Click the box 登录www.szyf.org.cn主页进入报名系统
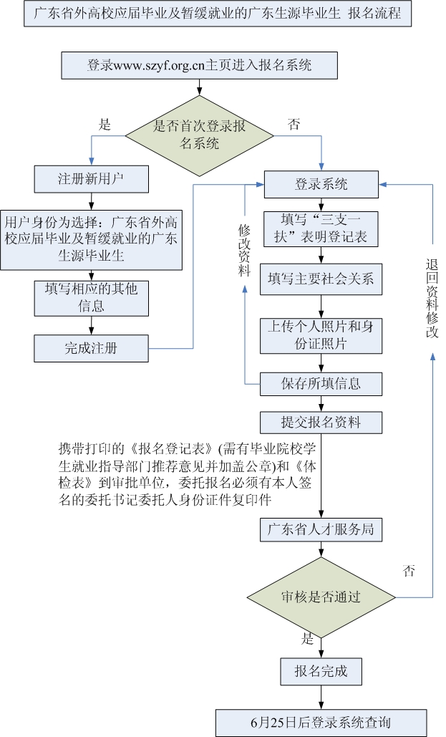[x=200, y=65]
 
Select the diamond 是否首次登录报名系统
[x=200, y=134]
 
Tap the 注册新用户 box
[x=91, y=178]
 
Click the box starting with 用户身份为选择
[x=91, y=238]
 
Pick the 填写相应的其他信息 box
[x=91, y=297]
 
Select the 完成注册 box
[x=91, y=349]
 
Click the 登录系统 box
[x=321, y=184]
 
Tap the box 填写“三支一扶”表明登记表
[x=321, y=228]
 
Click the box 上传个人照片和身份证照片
[x=321, y=334]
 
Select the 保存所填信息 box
[x=321, y=384]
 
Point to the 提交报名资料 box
[x=321, y=422]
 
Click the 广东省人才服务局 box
[x=321, y=531]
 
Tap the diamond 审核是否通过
[x=321, y=597]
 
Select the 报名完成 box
[x=321, y=671]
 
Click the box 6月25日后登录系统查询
[x=321, y=721]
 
